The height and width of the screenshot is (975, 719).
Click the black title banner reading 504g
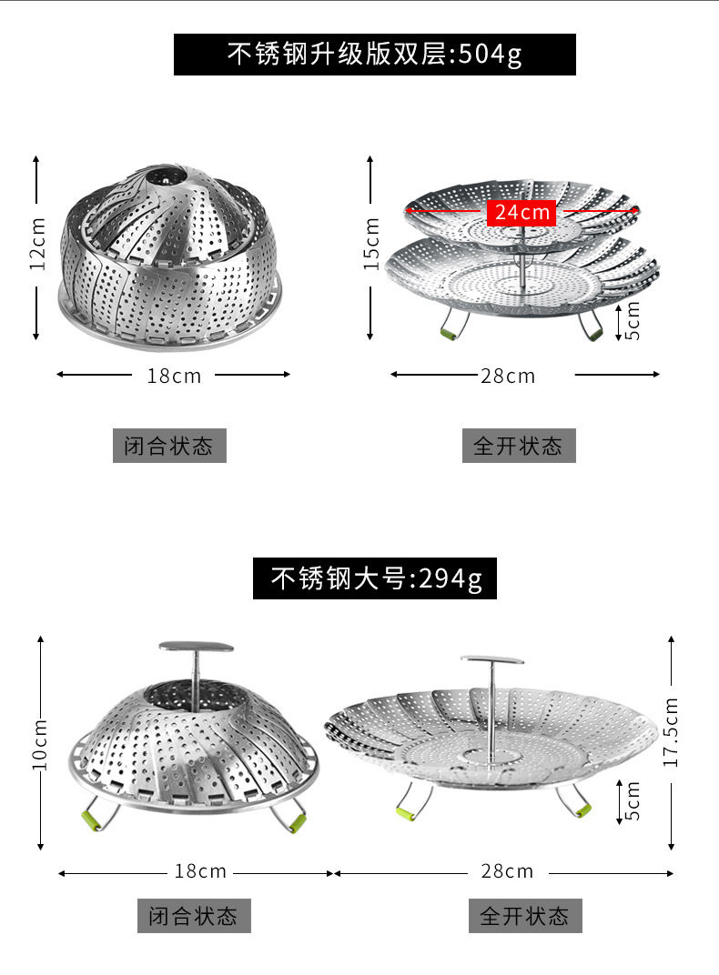pyautogui.click(x=374, y=55)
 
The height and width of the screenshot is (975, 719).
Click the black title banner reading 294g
pyautogui.click(x=374, y=578)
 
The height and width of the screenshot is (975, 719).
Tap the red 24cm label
pyautogui.click(x=522, y=212)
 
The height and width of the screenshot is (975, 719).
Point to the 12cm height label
pyautogui.click(x=38, y=243)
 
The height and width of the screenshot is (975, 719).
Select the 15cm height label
pyautogui.click(x=371, y=243)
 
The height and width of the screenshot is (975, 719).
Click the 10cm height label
pyautogui.click(x=39, y=744)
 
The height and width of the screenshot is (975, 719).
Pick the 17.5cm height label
pyautogui.click(x=671, y=732)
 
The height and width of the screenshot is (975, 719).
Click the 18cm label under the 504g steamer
pyautogui.click(x=174, y=377)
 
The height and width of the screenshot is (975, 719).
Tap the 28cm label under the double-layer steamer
pyautogui.click(x=508, y=377)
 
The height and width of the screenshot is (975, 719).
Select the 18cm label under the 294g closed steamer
pyautogui.click(x=200, y=871)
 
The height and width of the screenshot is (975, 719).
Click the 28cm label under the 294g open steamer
pyautogui.click(x=507, y=871)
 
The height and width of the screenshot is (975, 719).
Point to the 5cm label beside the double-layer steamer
pyautogui.click(x=632, y=320)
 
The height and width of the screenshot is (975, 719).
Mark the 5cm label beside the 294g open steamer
pyautogui.click(x=632, y=801)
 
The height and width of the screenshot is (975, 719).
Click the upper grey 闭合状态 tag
pyautogui.click(x=169, y=446)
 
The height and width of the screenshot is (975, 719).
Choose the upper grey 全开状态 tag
pyautogui.click(x=519, y=446)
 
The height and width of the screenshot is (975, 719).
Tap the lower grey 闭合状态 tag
pyautogui.click(x=194, y=915)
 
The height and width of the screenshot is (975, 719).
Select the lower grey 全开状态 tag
pyautogui.click(x=525, y=915)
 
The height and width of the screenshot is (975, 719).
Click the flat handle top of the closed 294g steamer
pyautogui.click(x=196, y=647)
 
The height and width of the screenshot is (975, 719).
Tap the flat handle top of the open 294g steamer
pyautogui.click(x=492, y=659)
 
